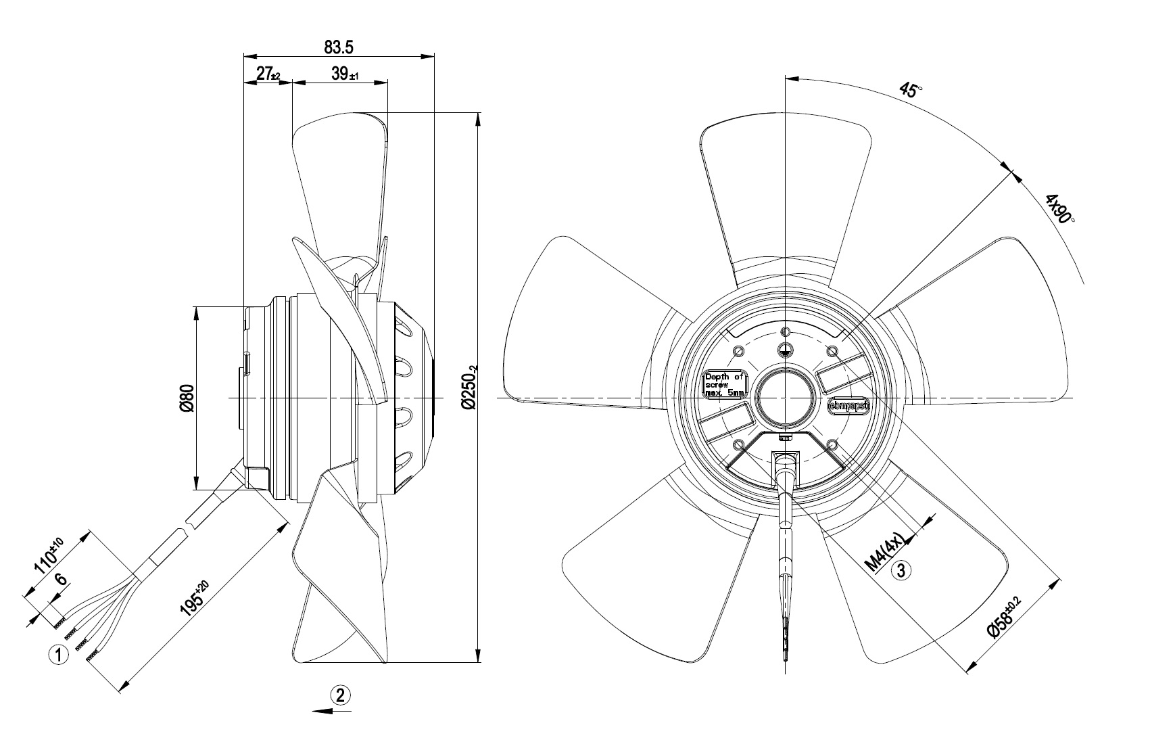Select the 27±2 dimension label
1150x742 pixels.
[x=268, y=74]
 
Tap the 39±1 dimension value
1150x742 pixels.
[x=345, y=74]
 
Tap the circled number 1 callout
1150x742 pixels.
[x=58, y=655]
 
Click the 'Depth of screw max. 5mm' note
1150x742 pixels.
[x=725, y=384]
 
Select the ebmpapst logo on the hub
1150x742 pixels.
[x=848, y=406]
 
